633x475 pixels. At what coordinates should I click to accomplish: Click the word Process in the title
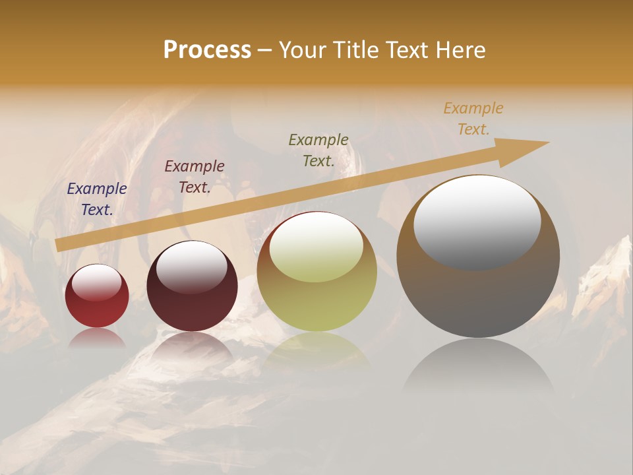coord(207,50)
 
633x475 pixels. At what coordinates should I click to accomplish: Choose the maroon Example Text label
coord(194,177)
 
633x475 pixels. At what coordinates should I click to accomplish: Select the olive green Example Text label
coord(318,150)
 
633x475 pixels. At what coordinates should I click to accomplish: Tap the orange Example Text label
coord(473,119)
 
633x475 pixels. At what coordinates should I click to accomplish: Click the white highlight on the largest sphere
coord(477,221)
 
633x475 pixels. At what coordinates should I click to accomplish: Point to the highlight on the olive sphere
coord(316,247)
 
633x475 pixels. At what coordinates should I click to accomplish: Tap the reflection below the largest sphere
coord(478,369)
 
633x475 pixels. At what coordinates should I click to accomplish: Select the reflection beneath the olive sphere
coord(316,350)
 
